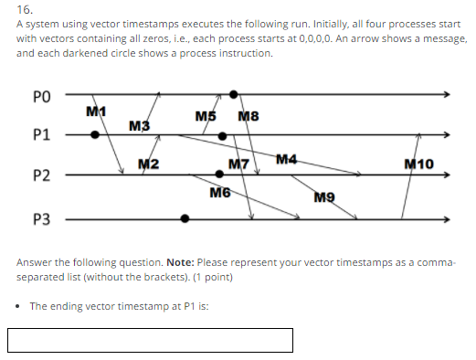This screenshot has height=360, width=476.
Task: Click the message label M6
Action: (219, 193)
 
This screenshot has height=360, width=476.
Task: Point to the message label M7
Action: (238, 164)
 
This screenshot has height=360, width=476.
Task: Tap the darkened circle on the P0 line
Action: (234, 93)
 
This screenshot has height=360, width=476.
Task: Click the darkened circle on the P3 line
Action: (185, 218)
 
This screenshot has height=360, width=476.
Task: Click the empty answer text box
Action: (151, 340)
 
